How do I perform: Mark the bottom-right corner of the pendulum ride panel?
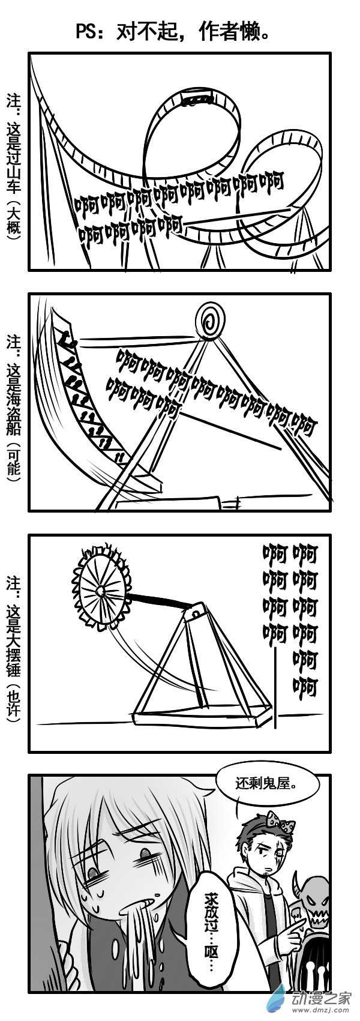[329, 751]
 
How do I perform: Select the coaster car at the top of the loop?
[197, 98]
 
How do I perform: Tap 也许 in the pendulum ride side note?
[14, 704]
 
